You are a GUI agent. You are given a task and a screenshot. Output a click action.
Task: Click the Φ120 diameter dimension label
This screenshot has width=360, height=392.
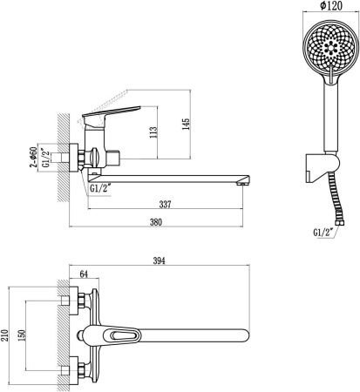(331, 5)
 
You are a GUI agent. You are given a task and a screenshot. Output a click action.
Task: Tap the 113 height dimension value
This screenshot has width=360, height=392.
(153, 132)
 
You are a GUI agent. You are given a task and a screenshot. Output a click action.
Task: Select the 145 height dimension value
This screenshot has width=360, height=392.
(186, 124)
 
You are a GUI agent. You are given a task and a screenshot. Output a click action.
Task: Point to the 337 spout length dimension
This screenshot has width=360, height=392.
(165, 204)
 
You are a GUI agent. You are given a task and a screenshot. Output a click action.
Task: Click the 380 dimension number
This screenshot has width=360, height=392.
(156, 222)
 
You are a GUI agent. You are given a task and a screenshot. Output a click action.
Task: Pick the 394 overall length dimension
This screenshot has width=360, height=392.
(159, 260)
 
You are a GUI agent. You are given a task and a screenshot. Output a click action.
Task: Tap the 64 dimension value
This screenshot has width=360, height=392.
(84, 274)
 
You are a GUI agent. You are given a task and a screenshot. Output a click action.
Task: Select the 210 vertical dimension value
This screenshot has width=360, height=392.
(4, 335)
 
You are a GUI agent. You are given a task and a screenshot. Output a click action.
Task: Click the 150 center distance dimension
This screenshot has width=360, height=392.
(22, 335)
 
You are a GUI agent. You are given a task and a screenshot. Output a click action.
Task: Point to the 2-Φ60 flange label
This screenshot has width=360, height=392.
(34, 157)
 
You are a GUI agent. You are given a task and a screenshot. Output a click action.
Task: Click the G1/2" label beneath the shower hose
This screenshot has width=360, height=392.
(323, 233)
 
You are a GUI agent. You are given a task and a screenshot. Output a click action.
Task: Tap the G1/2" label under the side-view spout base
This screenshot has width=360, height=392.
(99, 188)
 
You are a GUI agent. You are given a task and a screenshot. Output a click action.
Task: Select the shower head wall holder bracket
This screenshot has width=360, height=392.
(323, 168)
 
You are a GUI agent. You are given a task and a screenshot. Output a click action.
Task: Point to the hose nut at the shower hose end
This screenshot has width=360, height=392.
(340, 223)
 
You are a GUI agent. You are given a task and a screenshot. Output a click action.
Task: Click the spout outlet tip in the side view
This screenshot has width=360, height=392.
(242, 183)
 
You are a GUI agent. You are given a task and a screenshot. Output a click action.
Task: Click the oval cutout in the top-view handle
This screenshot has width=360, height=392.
(121, 336)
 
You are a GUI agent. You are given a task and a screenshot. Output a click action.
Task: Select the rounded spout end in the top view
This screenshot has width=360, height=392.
(246, 335)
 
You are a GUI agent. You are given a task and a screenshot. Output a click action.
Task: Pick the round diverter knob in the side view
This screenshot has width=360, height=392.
(95, 158)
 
